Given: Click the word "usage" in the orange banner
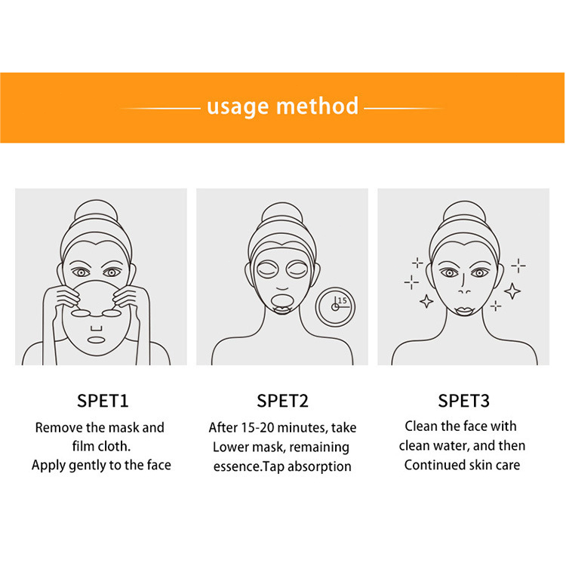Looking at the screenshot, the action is pyautogui.click(x=238, y=107).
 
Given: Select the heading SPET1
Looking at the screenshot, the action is pyautogui.click(x=103, y=401).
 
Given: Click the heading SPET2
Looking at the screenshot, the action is pyautogui.click(x=283, y=401).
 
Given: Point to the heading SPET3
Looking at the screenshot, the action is pyautogui.click(x=464, y=401).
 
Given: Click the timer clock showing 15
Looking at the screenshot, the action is pyautogui.click(x=335, y=307).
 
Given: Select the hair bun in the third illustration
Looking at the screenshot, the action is pyautogui.click(x=464, y=212).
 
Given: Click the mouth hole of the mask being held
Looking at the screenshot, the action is pyautogui.click(x=96, y=340).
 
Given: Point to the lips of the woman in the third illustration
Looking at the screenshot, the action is pyautogui.click(x=464, y=311).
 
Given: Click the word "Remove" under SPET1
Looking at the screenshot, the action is pyautogui.click(x=58, y=428).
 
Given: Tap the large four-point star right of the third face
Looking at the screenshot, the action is pyautogui.click(x=512, y=291).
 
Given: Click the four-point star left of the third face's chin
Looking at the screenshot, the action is pyautogui.click(x=426, y=301).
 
